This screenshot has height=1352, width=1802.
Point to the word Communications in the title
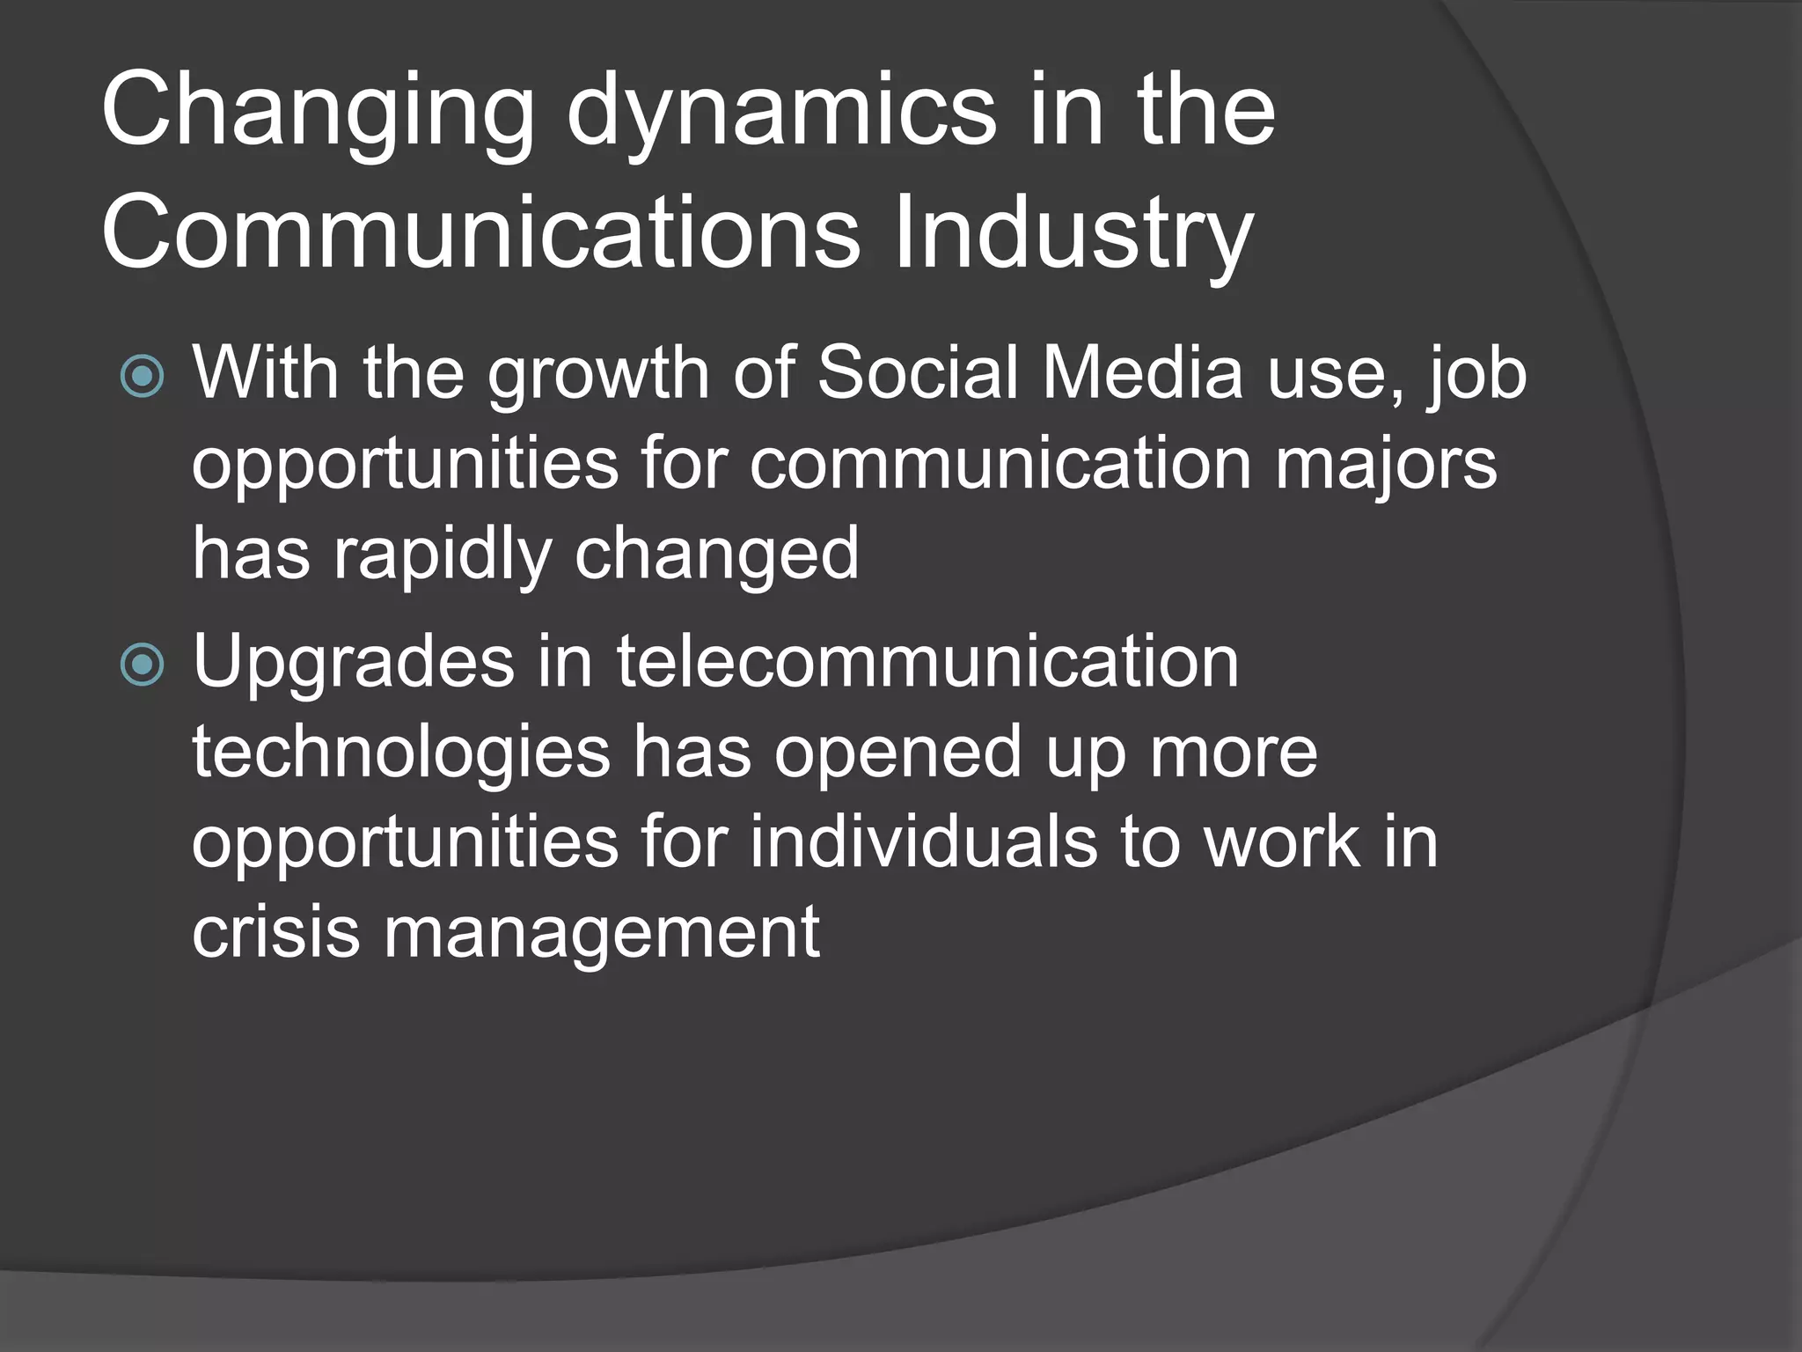tap(480, 234)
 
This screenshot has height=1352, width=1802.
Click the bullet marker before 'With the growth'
tap(143, 377)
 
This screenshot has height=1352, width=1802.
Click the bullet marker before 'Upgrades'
tap(143, 665)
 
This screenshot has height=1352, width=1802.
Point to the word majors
tap(1385, 467)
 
